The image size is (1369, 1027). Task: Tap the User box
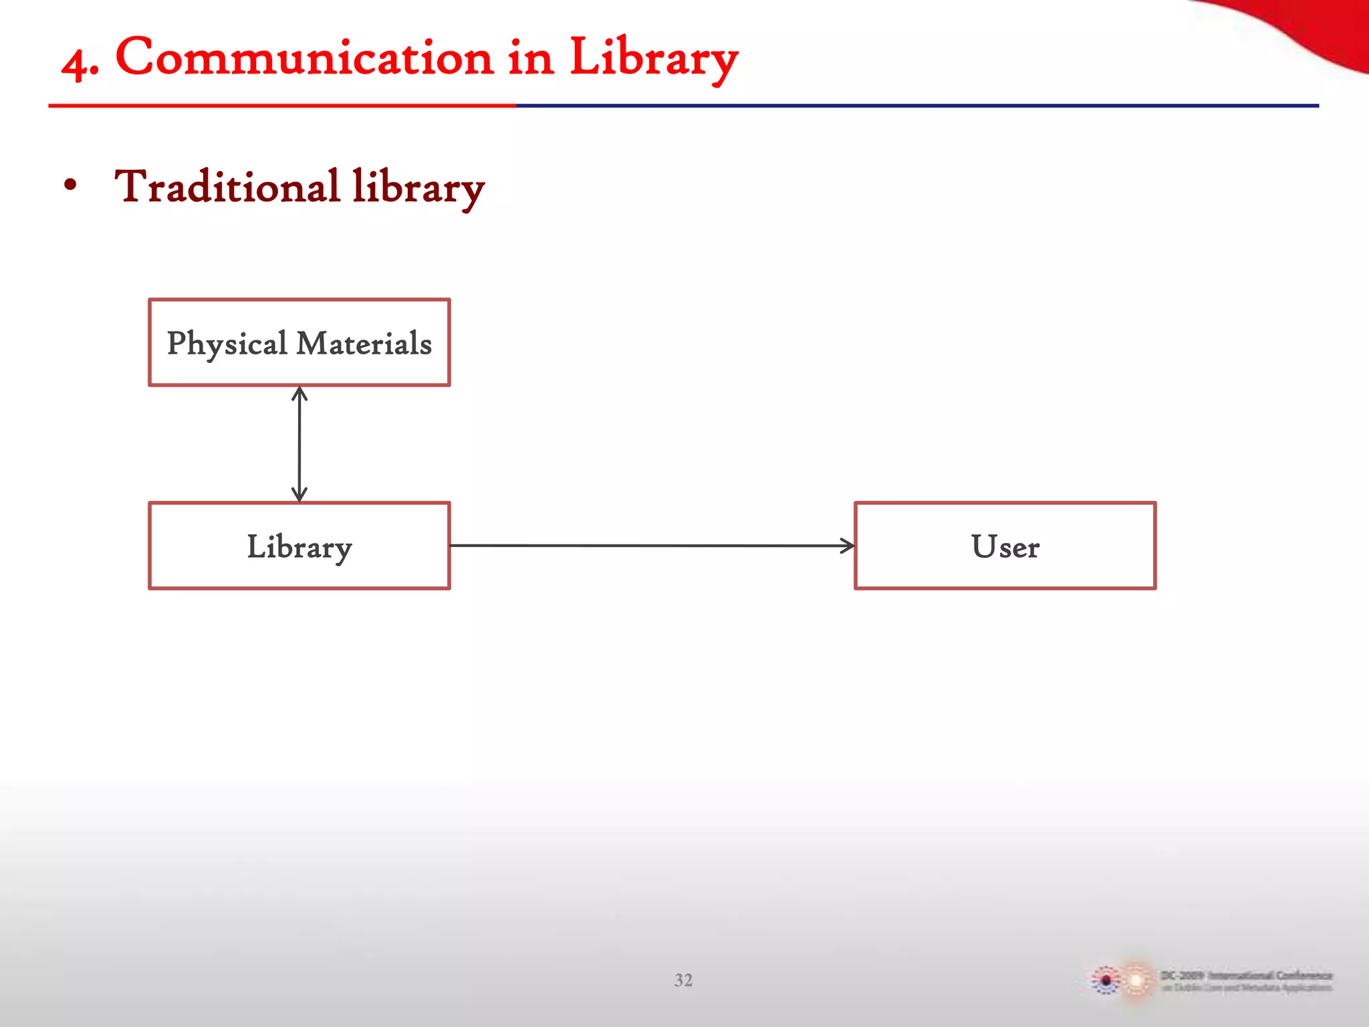1005,546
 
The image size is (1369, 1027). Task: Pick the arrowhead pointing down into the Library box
299,495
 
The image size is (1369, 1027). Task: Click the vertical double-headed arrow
299,445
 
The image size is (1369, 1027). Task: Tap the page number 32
683,980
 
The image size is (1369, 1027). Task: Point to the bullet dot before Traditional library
70,185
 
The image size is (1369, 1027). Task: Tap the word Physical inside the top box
227,344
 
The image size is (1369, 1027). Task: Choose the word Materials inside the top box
364,344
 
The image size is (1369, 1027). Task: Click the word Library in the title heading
653,59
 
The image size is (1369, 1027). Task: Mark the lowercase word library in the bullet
418,188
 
